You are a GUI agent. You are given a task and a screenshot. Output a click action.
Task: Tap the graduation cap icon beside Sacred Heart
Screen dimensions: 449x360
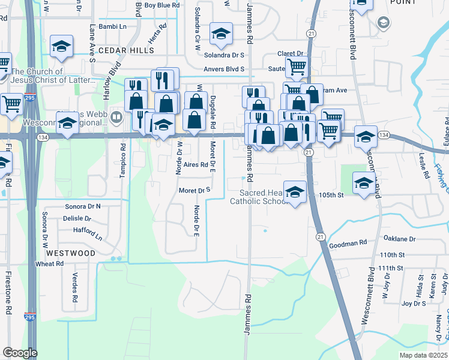tap(295, 193)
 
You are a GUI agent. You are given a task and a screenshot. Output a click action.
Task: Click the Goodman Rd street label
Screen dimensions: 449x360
tap(348, 244)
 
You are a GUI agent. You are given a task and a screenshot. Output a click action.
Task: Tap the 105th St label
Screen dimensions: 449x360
tap(348, 195)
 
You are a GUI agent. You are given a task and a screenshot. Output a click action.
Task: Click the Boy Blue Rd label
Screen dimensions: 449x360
tap(162, 5)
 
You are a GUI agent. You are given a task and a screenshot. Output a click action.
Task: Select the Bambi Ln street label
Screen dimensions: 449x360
tap(113, 27)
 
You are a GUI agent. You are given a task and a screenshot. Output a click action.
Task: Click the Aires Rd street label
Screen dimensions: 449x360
tap(196, 164)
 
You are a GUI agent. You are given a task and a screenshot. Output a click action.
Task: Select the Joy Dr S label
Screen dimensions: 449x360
tap(414, 304)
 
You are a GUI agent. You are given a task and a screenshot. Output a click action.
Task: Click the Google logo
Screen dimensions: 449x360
tap(20, 353)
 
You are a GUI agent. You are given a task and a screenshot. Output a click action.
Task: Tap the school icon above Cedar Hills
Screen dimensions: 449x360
tap(61, 46)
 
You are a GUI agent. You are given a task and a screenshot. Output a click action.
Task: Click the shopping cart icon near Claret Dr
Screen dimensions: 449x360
tap(297, 67)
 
